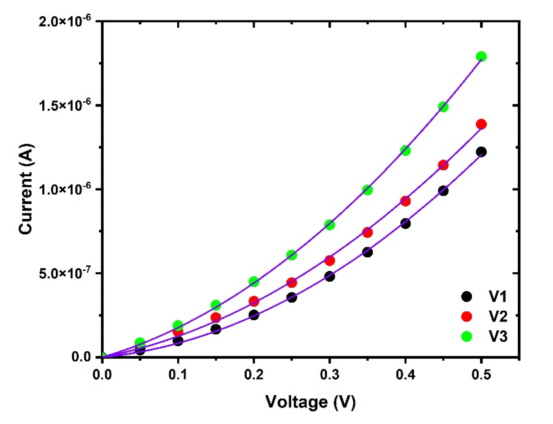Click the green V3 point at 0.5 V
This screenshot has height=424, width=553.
point(481,57)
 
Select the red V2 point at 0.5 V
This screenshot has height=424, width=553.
point(481,124)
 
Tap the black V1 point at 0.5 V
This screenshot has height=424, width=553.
point(481,152)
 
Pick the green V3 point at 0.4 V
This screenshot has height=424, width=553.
point(405,150)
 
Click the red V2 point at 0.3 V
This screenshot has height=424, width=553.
point(330,261)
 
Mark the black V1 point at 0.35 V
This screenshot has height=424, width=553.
point(367,252)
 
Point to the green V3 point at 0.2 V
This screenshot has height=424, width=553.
point(254,281)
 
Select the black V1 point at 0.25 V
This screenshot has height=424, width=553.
point(292,297)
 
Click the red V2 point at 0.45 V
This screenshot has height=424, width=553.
point(443,165)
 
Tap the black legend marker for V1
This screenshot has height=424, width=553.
point(466,296)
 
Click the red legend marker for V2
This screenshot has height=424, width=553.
point(466,316)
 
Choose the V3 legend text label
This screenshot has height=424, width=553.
point(496,336)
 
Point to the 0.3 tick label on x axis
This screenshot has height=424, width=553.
point(330,375)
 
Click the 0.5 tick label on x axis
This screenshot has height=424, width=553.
point(481,375)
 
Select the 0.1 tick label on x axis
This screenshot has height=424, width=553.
point(178,375)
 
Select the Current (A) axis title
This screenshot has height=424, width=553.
point(26,189)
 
